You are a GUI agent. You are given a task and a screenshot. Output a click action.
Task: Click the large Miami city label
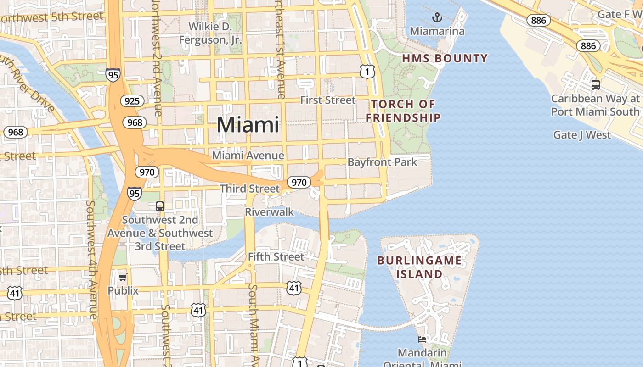[x=248, y=124]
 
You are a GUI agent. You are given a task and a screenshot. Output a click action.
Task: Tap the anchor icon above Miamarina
[x=437, y=18]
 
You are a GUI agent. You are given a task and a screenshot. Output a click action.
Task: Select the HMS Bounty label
[x=445, y=58]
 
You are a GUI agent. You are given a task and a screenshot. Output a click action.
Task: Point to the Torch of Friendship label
[x=403, y=111]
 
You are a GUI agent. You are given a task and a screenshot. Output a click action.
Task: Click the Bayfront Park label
[x=382, y=162]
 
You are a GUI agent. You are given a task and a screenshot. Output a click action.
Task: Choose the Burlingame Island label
[x=419, y=267]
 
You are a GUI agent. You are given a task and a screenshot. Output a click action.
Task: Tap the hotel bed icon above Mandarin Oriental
[x=422, y=339]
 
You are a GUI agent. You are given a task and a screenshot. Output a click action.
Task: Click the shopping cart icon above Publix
[x=123, y=277]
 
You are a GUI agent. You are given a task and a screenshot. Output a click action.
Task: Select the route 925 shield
[x=132, y=101]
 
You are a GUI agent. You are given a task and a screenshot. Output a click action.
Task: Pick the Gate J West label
[x=582, y=135]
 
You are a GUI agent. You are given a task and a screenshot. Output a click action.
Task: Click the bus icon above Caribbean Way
[x=596, y=84]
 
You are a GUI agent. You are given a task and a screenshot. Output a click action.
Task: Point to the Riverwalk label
[x=269, y=212]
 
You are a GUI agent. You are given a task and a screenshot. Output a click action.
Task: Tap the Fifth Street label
[x=276, y=257]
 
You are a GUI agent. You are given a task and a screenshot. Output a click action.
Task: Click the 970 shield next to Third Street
[x=299, y=182]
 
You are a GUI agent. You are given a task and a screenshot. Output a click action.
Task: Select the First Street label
[x=328, y=100]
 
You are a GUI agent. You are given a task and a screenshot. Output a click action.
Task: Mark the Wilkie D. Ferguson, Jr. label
[x=210, y=33]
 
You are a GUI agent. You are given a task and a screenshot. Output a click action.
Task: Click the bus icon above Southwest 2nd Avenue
[x=160, y=206]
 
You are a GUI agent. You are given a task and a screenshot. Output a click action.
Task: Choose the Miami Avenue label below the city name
[x=248, y=156]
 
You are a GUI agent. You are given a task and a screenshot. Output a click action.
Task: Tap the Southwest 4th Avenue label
[x=91, y=260]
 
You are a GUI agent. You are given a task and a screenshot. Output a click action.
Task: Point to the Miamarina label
[x=437, y=31]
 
